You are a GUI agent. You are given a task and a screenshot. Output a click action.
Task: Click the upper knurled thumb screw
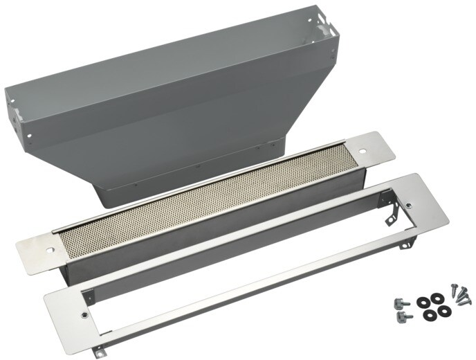coord(401,303)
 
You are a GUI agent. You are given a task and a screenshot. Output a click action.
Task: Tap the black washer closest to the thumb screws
coord(421,303)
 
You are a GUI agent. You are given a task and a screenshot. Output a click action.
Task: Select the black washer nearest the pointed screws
coord(437,298)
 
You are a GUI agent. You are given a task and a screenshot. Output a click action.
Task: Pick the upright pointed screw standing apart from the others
coord(455,291)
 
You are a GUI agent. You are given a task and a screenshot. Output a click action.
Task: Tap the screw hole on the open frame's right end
coord(408,206)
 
